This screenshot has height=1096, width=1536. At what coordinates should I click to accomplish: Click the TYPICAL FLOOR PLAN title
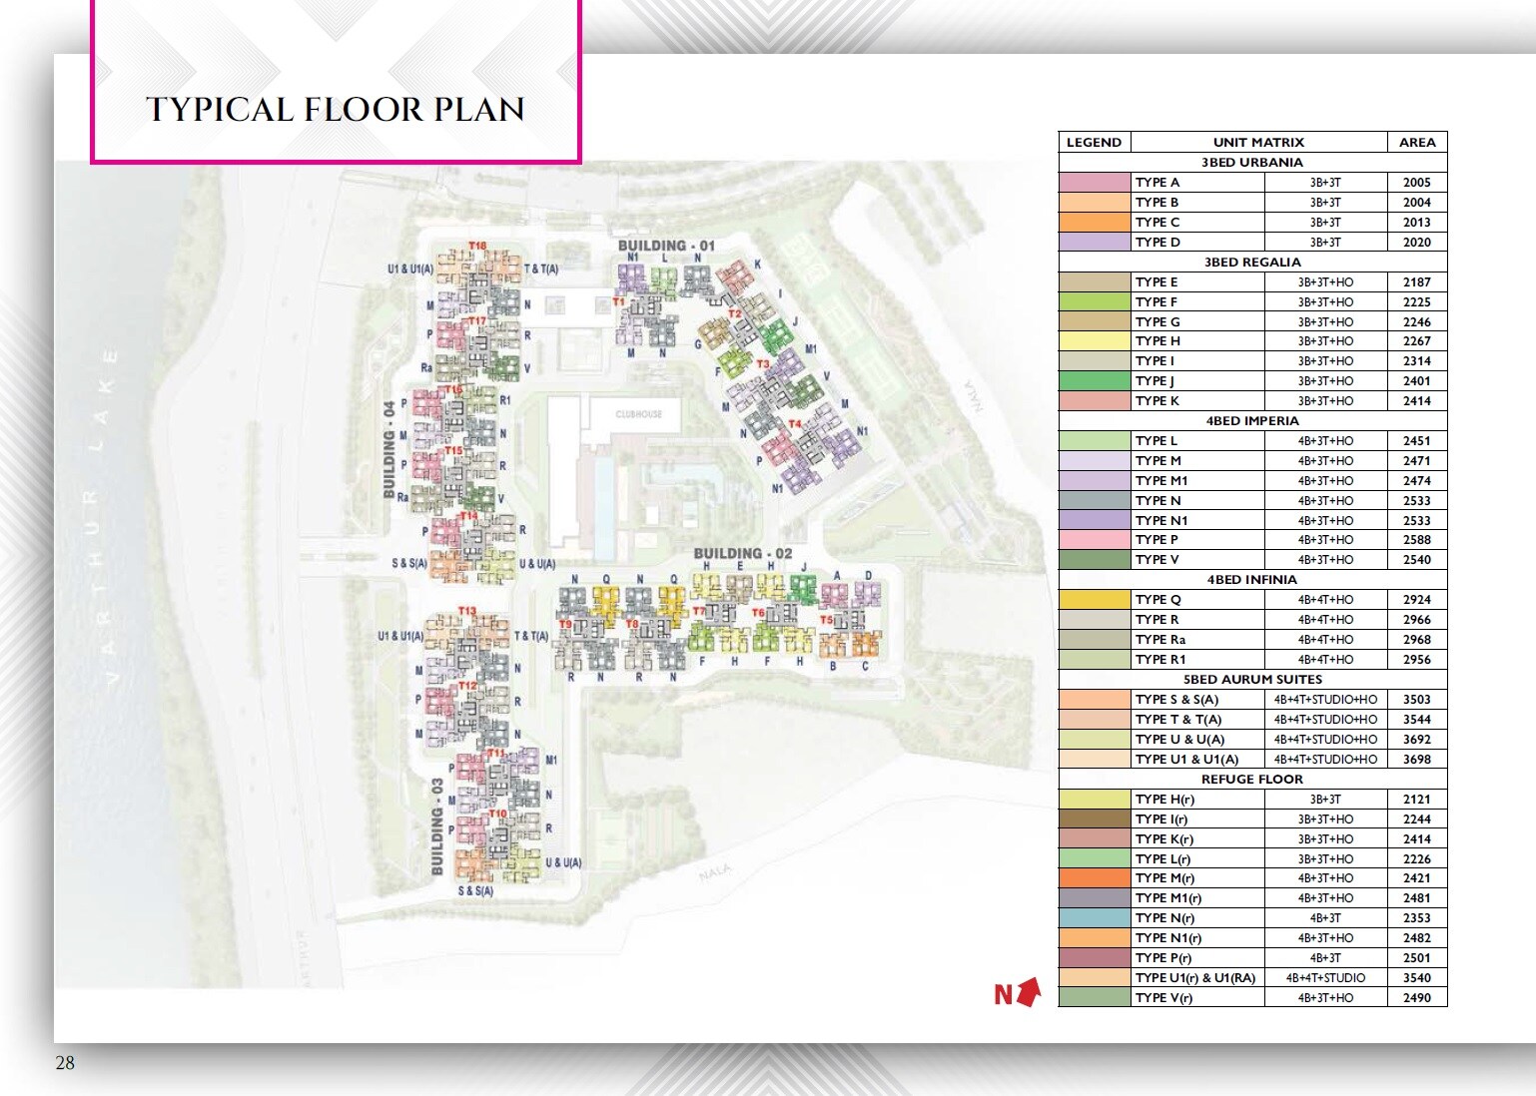pyautogui.click(x=336, y=109)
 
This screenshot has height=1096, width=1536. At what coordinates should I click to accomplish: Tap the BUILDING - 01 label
pyautogui.click(x=666, y=246)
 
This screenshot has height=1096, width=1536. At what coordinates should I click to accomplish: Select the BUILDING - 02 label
pyautogui.click(x=742, y=553)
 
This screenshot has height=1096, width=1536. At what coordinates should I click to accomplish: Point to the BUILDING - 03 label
pyautogui.click(x=437, y=827)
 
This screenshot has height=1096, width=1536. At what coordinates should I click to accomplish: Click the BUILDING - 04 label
pyautogui.click(x=389, y=449)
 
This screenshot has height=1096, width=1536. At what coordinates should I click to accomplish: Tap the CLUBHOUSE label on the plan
pyautogui.click(x=638, y=413)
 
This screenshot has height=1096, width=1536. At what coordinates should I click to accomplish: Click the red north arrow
pyautogui.click(x=1029, y=992)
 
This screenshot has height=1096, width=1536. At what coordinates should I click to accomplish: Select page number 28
pyautogui.click(x=65, y=1063)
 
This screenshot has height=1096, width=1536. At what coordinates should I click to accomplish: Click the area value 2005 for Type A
pyautogui.click(x=1416, y=183)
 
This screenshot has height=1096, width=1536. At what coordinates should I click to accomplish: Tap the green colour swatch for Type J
pyautogui.click(x=1094, y=381)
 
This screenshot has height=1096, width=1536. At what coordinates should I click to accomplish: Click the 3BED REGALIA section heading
pyautogui.click(x=1252, y=262)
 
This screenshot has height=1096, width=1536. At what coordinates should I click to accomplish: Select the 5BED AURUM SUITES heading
pyautogui.click(x=1252, y=679)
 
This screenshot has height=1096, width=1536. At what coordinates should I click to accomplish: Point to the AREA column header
pyautogui.click(x=1416, y=143)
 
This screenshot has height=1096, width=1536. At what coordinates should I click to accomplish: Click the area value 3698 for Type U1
pyautogui.click(x=1416, y=760)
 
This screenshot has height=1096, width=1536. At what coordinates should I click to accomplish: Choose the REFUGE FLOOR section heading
pyautogui.click(x=1252, y=779)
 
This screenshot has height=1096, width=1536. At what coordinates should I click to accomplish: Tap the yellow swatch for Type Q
pyautogui.click(x=1094, y=600)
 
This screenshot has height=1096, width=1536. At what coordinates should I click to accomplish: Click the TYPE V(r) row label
pyautogui.click(x=1163, y=998)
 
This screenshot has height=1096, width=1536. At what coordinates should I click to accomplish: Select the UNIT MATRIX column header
pyautogui.click(x=1258, y=143)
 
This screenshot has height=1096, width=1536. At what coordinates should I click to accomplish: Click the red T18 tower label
pyautogui.click(x=477, y=246)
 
